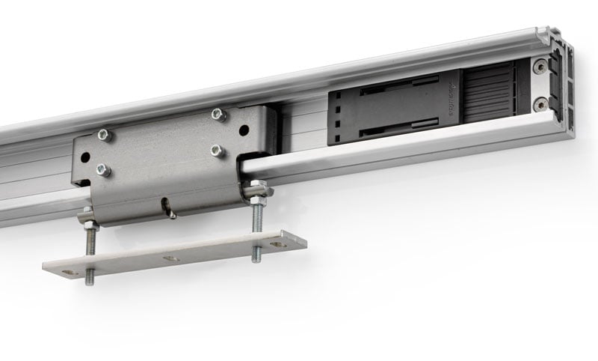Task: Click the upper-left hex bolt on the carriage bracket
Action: [104, 136]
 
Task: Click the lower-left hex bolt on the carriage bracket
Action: [103, 169]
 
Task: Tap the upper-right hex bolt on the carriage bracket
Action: [218, 115]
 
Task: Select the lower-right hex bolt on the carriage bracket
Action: [218, 150]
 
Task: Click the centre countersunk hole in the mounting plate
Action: [171, 258]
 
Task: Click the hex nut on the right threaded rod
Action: [256, 192]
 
